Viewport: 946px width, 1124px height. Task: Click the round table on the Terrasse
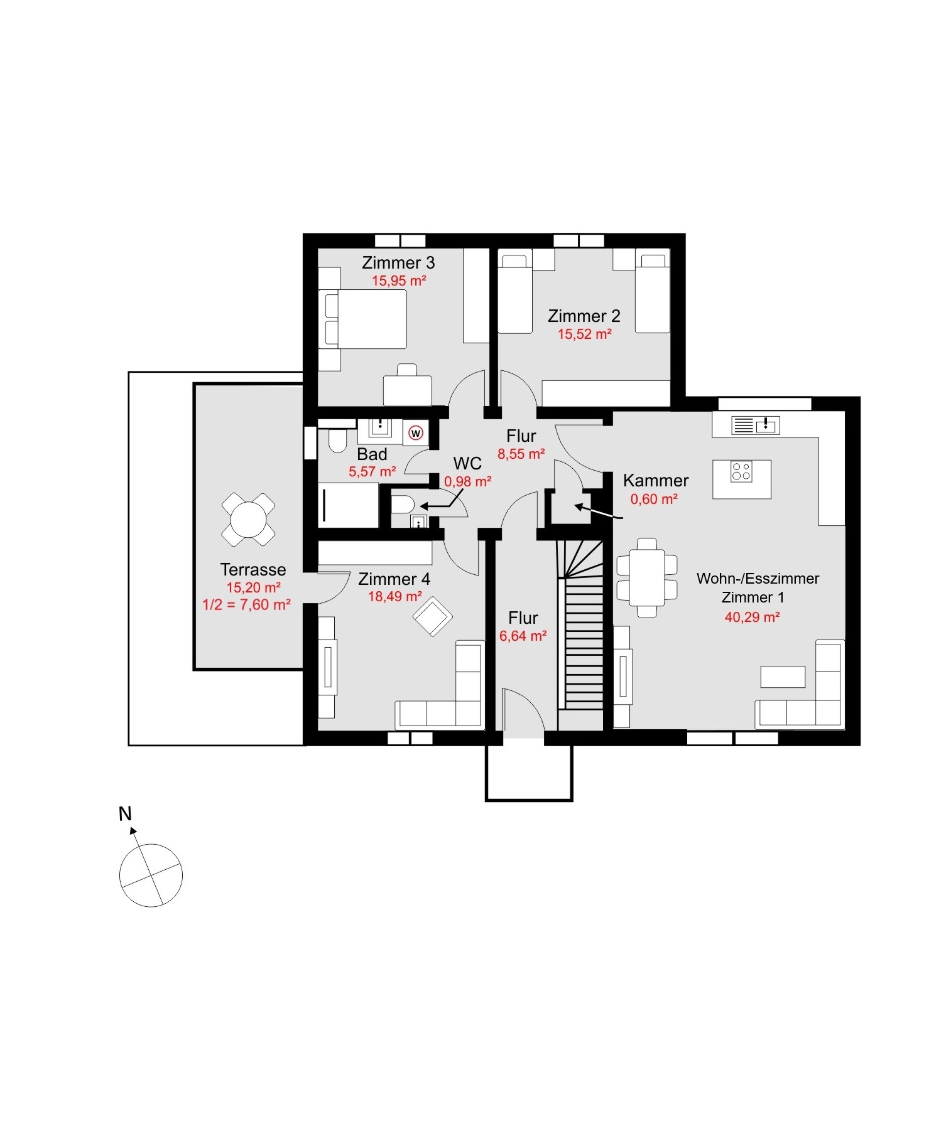[x=248, y=519]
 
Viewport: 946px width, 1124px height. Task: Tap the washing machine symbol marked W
[x=416, y=433]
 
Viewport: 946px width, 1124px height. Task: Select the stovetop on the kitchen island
[x=741, y=472]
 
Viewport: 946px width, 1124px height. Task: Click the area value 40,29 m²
[x=752, y=617]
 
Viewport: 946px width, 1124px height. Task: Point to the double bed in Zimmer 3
[x=362, y=319]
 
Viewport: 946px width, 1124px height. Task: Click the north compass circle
[x=151, y=875]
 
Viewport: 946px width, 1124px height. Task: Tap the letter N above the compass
[x=126, y=814]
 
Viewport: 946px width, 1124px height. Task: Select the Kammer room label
[x=656, y=481]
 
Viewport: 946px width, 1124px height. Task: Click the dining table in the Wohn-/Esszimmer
[x=647, y=577]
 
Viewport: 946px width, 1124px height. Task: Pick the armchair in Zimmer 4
[x=433, y=618]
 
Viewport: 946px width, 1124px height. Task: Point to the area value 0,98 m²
[x=468, y=482]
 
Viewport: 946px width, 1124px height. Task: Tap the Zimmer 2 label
[x=584, y=316]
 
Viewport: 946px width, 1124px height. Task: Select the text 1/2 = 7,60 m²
[x=246, y=605]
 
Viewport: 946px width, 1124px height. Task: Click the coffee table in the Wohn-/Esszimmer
[x=783, y=677]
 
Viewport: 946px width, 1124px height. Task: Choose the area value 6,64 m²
[x=523, y=636]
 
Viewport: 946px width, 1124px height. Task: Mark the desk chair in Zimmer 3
[x=407, y=370]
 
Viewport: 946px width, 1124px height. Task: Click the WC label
[x=468, y=464]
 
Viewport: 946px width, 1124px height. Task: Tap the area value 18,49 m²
[x=395, y=596]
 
